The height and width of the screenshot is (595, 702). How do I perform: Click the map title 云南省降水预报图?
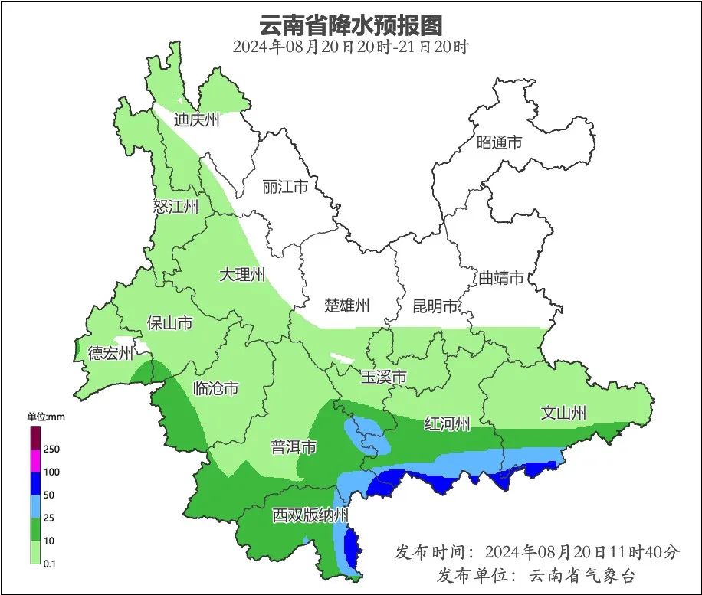click(x=350, y=25)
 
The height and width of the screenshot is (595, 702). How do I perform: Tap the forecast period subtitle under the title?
click(x=350, y=47)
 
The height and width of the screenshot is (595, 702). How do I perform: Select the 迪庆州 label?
click(x=197, y=119)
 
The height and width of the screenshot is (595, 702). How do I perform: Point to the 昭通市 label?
click(x=499, y=142)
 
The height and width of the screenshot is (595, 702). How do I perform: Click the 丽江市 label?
click(x=284, y=187)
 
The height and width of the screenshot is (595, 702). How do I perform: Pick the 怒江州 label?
click(x=175, y=207)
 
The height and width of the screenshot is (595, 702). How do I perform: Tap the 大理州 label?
click(x=242, y=274)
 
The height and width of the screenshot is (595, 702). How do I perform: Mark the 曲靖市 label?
click(x=501, y=277)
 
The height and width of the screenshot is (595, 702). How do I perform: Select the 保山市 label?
click(x=169, y=323)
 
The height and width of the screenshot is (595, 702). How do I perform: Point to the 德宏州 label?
click(x=110, y=353)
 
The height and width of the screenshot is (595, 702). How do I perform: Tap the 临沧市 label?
click(x=215, y=388)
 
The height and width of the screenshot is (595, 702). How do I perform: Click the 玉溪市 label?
click(x=383, y=377)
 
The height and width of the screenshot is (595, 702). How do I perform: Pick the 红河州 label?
click(x=448, y=423)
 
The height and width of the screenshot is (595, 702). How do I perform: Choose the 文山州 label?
click(x=563, y=414)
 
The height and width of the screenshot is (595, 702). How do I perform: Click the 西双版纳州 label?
click(x=310, y=515)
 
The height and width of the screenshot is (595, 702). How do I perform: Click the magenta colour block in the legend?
click(x=35, y=460)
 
